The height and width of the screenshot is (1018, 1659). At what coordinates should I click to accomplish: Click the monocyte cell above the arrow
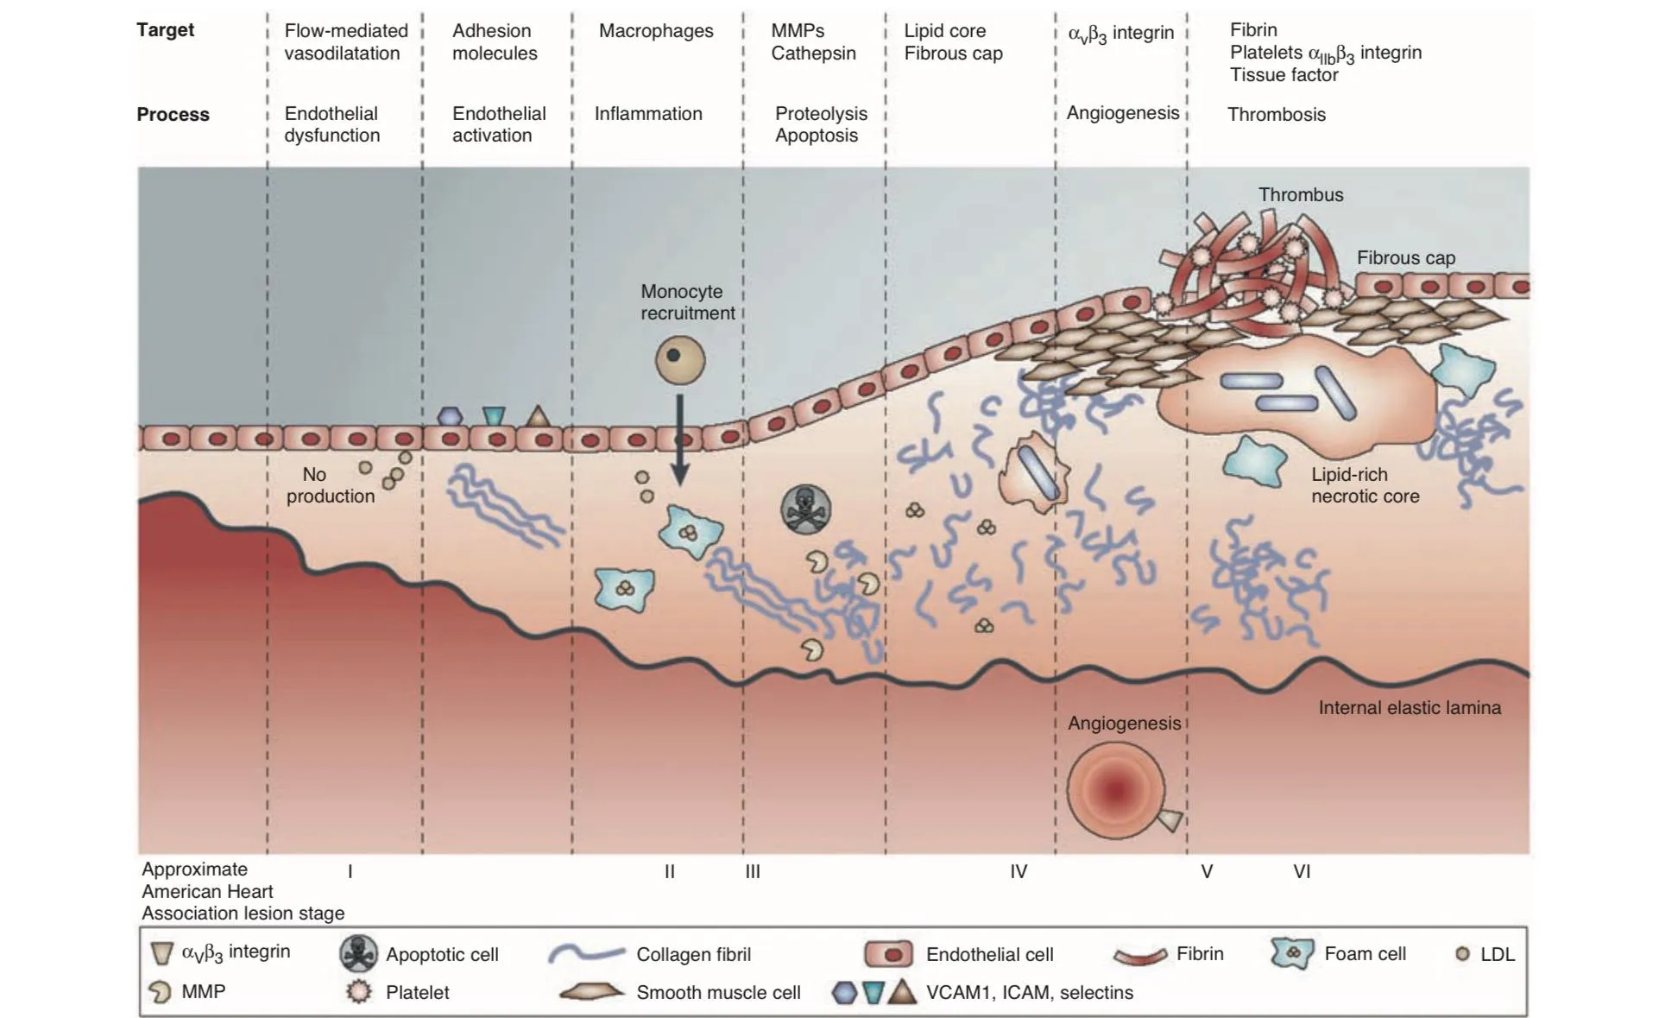(680, 359)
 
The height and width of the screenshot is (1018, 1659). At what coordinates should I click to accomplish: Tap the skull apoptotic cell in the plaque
(806, 509)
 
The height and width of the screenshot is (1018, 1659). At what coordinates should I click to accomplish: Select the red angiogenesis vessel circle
(1115, 789)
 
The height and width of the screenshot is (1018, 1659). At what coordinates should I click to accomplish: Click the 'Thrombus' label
(1301, 195)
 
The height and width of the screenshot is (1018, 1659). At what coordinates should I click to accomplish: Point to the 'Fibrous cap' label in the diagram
(1406, 257)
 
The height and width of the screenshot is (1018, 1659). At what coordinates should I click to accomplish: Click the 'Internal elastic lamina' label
(1410, 708)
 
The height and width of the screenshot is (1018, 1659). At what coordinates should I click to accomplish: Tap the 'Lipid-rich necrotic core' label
(1366, 485)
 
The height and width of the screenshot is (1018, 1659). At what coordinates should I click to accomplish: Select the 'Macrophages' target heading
(656, 31)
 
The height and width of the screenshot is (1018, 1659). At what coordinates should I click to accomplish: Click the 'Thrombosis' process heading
(1277, 115)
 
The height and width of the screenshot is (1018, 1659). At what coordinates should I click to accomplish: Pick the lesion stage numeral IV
(1019, 872)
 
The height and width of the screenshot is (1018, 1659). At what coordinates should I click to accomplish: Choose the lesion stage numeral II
(670, 872)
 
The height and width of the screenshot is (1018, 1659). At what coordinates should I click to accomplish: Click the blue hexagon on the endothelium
(450, 416)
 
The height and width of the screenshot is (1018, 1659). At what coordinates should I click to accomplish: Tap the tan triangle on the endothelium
(538, 416)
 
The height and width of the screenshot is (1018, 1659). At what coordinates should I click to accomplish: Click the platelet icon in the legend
(359, 992)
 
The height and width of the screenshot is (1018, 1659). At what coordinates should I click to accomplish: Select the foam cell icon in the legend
(1292, 953)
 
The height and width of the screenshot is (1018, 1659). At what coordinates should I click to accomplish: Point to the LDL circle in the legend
(1462, 954)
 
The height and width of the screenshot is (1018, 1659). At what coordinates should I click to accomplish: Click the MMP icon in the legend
(160, 992)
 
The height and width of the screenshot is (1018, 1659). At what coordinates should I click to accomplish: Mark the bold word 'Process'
(173, 115)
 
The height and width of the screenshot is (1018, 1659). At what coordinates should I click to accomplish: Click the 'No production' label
(331, 485)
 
